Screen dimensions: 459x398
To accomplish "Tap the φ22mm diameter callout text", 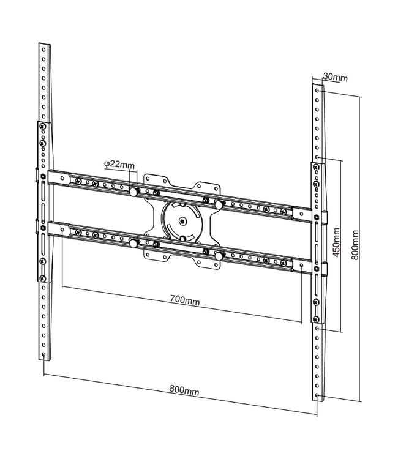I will [119, 164].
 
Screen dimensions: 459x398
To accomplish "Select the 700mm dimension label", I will [184, 301].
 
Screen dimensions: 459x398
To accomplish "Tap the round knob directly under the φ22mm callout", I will [133, 192].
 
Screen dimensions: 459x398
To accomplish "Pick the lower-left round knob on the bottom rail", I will [133, 243].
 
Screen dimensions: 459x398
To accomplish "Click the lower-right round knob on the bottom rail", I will [218, 256].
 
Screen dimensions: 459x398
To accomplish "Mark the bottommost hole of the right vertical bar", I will [316, 395].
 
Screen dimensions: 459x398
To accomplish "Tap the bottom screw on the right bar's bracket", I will [315, 318].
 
